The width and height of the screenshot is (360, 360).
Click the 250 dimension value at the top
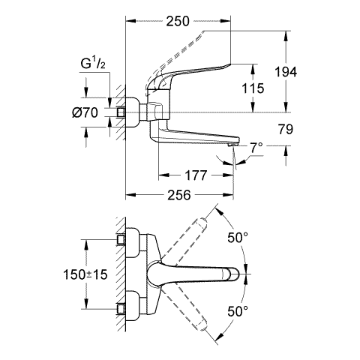pyautogui.click(x=178, y=21)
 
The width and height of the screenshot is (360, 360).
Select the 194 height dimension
pyautogui.click(x=286, y=72)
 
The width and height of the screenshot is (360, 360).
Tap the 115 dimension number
pyautogui.click(x=253, y=88)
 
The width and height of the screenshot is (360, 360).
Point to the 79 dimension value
pyautogui.click(x=285, y=129)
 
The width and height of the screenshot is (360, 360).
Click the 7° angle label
pyautogui.click(x=256, y=148)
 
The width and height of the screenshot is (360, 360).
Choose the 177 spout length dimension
pyautogui.click(x=196, y=175)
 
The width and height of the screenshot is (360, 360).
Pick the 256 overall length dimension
pyautogui.click(x=179, y=195)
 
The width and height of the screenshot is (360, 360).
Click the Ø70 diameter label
pyautogui.click(x=85, y=112)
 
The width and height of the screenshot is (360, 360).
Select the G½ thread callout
pyautogui.click(x=93, y=64)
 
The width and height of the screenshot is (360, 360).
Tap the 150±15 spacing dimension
pyautogui.click(x=85, y=274)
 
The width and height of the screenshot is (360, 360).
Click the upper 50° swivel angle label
pyautogui.click(x=238, y=237)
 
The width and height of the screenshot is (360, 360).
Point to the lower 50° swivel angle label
pyautogui.click(x=238, y=311)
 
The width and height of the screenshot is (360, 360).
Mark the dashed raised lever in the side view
pyautogui.click(x=175, y=59)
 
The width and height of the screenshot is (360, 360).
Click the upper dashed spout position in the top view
pyautogui.click(x=182, y=241)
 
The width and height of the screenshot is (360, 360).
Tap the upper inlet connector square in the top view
pyautogui.click(x=121, y=239)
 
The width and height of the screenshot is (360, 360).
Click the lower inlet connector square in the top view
pyautogui.click(x=121, y=309)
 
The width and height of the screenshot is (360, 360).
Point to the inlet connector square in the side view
pyautogui.click(x=121, y=112)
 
